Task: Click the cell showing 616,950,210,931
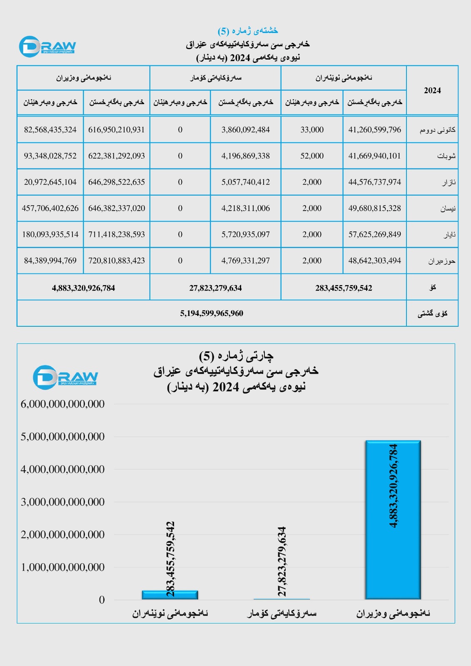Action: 117,130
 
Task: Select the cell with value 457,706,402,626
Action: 50,208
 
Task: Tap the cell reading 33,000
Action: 312,130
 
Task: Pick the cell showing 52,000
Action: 312,156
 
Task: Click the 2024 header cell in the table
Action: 432,90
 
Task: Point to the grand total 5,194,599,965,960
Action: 212,313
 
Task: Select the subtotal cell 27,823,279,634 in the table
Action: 215,288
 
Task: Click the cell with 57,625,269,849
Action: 374,234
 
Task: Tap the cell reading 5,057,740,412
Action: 245,182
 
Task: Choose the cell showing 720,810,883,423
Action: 117,261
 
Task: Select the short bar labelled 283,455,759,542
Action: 170,595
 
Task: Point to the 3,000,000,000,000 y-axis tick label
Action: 63,502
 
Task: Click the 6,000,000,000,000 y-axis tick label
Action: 63,404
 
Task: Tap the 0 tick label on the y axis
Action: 102,600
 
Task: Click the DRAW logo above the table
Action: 47,46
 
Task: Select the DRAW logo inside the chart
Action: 65,377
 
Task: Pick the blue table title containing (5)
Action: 248,31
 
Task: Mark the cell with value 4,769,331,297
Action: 245,261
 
